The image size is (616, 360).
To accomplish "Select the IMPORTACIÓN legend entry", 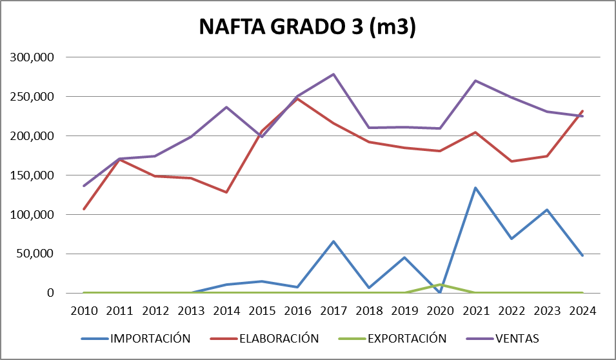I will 150,338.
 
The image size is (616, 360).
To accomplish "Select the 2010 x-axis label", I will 84,310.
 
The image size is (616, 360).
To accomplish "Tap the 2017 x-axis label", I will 333,310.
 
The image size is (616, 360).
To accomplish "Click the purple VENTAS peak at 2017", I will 333,74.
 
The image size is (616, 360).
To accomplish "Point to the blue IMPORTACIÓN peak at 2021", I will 476,188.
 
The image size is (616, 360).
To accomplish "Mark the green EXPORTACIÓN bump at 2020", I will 441,285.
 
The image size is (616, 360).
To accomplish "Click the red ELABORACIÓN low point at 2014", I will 226,192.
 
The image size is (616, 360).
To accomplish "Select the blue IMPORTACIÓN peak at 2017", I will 333,241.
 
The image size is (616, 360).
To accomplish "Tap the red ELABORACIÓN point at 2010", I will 84,209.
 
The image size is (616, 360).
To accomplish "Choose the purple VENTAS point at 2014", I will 226,107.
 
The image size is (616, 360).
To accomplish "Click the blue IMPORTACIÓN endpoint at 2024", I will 583,255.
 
